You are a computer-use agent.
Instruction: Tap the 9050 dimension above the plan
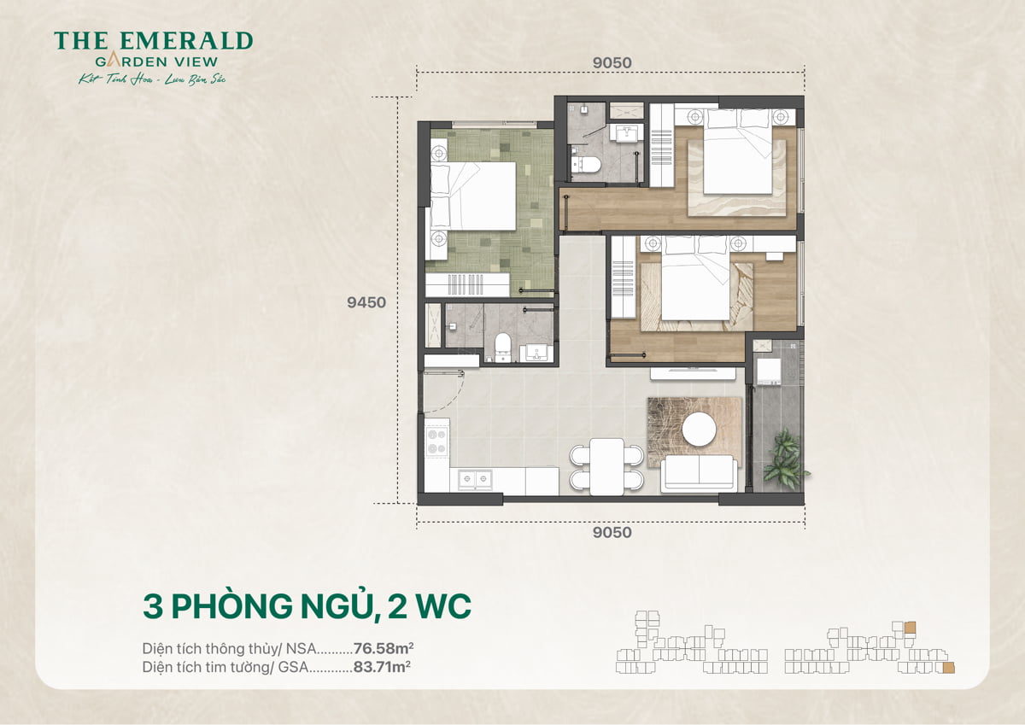(x=611, y=63)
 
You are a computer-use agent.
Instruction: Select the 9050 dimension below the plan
(x=611, y=533)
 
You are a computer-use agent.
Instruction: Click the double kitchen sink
(x=475, y=479)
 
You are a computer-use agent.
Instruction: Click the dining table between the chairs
(x=606, y=466)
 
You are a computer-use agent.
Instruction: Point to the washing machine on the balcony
(x=768, y=371)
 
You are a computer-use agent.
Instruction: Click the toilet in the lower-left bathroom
(x=503, y=347)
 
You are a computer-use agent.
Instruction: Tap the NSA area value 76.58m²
(x=390, y=647)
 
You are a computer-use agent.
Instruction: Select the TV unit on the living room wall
(x=694, y=373)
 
